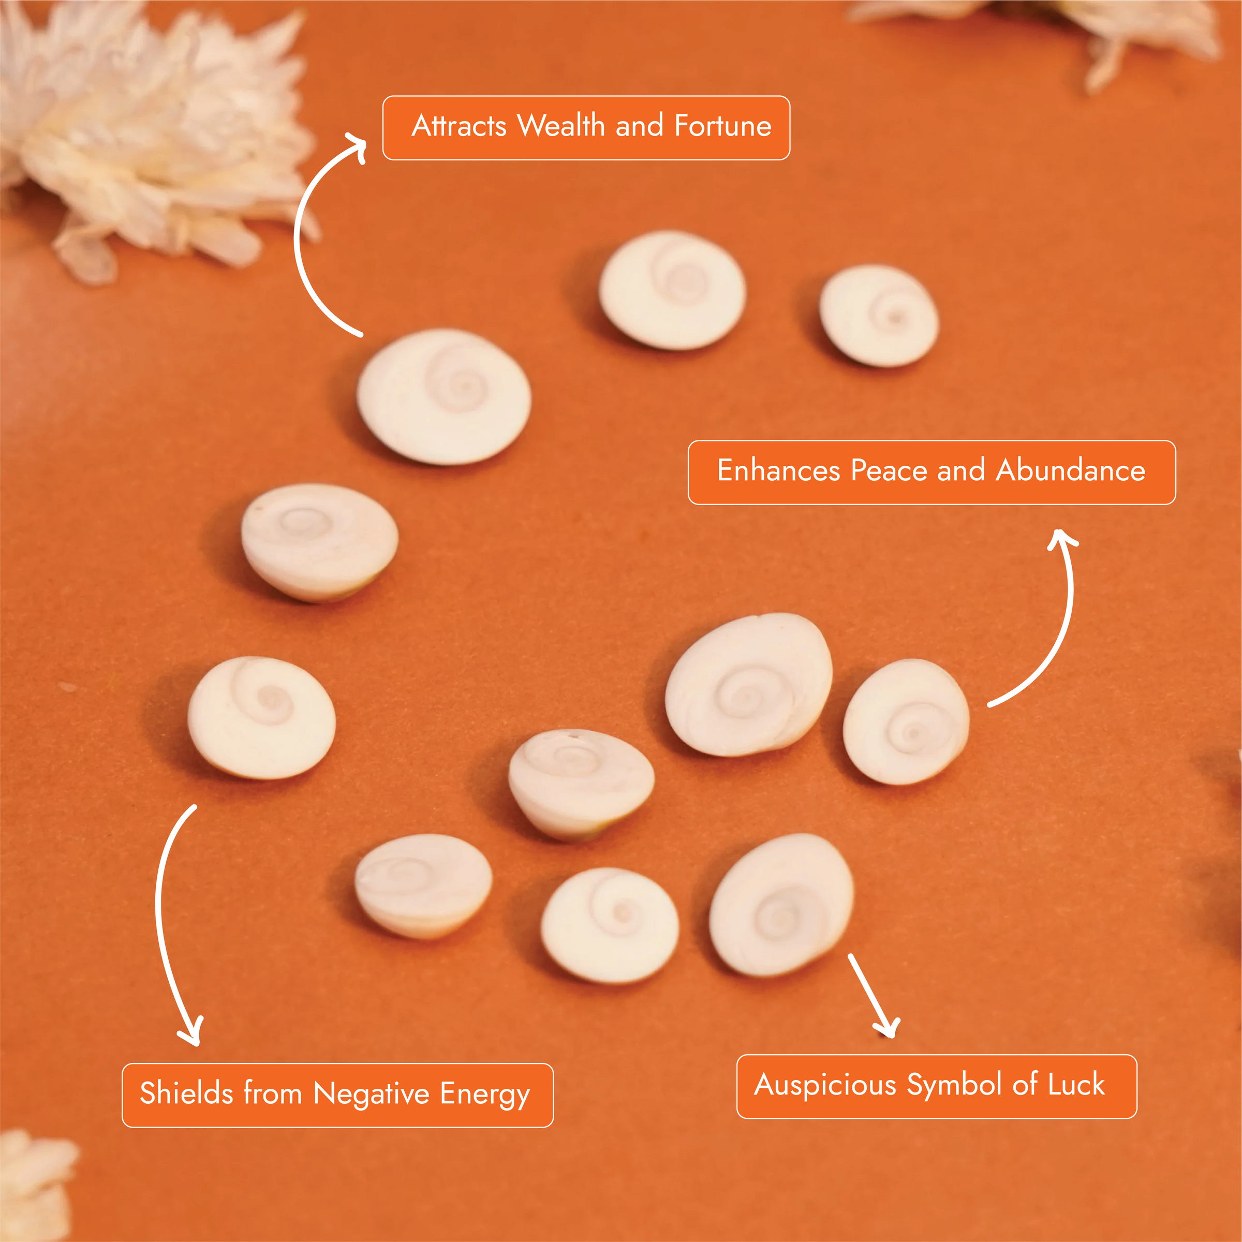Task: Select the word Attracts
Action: pyautogui.click(x=459, y=125)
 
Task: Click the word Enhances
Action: pyautogui.click(x=778, y=470)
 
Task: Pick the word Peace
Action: pyautogui.click(x=889, y=470)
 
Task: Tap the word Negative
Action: pyautogui.click(x=372, y=1093)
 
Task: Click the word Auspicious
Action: pyautogui.click(x=825, y=1085)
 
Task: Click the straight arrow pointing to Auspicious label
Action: pyautogui.click(x=873, y=995)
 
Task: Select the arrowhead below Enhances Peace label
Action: pyautogui.click(x=1061, y=539)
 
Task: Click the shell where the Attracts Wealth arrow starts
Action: pyautogui.click(x=443, y=396)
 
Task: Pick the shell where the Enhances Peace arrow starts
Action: pyautogui.click(x=906, y=721)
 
